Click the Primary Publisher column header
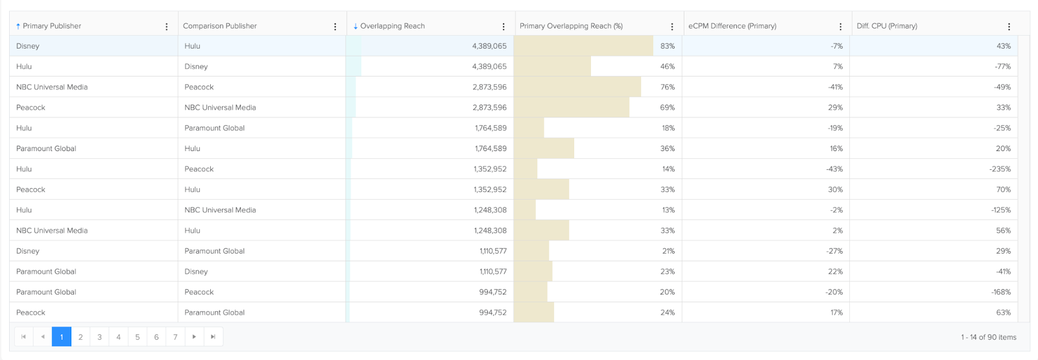(x=52, y=26)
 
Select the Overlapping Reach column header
(x=392, y=26)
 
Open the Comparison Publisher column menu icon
(x=335, y=27)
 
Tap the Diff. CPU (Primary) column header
(x=887, y=26)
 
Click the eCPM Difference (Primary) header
(x=732, y=26)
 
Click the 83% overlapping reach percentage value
(x=668, y=46)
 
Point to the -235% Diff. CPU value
(x=1000, y=169)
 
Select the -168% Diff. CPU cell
(x=1000, y=292)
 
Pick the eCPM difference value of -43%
(x=834, y=169)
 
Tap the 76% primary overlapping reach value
(x=668, y=87)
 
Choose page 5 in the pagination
(x=138, y=337)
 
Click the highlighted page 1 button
(x=62, y=337)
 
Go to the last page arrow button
(x=213, y=337)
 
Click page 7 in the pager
(x=175, y=337)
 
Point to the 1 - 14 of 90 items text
(x=988, y=337)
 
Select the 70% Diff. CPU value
(x=1003, y=189)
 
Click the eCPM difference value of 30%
(x=835, y=189)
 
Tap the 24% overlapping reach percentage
(x=668, y=313)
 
